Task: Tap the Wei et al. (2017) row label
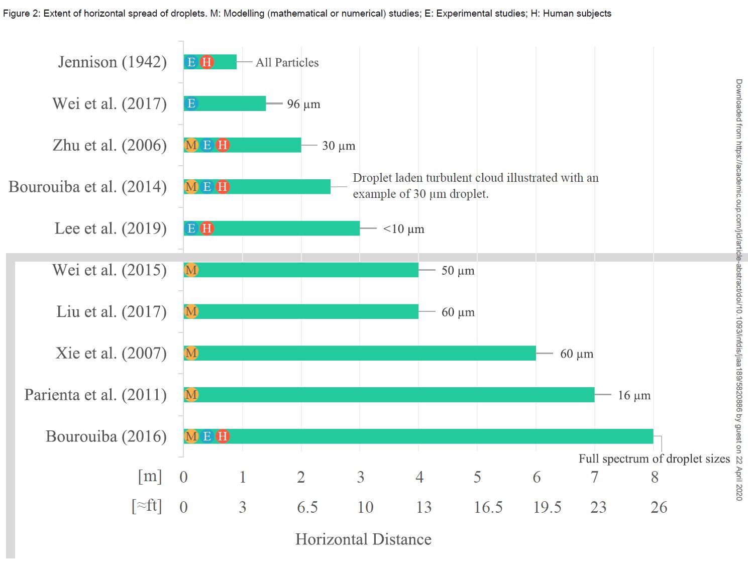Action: click(x=110, y=103)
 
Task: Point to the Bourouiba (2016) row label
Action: click(x=106, y=436)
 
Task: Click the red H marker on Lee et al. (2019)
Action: click(x=206, y=229)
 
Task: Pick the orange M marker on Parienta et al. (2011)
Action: click(x=191, y=395)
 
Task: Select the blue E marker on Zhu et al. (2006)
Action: click(x=206, y=145)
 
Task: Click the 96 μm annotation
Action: click(x=303, y=104)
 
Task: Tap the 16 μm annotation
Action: click(x=634, y=395)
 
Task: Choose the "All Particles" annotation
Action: click(x=287, y=62)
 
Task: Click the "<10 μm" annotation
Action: click(x=403, y=229)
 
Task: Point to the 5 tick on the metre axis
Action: click(x=477, y=477)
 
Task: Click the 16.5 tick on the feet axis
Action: click(x=488, y=507)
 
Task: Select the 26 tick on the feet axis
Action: click(x=659, y=507)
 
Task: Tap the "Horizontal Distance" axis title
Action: click(x=363, y=539)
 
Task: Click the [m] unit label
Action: click(x=150, y=476)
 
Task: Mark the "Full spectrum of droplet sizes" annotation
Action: click(x=654, y=459)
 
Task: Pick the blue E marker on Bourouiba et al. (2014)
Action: click(x=206, y=187)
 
